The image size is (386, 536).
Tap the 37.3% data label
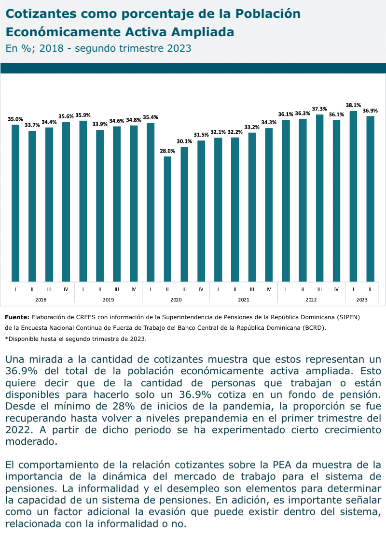(319, 109)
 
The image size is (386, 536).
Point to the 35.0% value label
(15, 119)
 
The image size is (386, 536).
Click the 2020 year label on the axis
(176, 300)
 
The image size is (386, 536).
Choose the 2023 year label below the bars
(361, 300)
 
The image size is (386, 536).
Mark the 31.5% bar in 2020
(201, 211)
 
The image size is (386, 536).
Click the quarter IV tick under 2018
(66, 289)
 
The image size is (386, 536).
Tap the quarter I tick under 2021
(218, 289)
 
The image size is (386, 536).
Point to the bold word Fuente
(17, 317)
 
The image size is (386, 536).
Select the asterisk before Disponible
(6, 339)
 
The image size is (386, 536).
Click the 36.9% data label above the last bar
(370, 110)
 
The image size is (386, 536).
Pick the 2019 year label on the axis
(108, 300)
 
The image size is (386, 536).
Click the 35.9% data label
(83, 115)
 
